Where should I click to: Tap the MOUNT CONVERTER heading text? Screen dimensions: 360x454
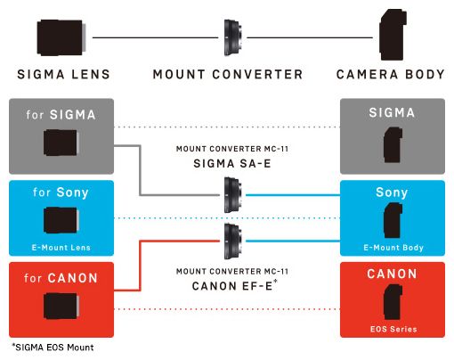coord(227,75)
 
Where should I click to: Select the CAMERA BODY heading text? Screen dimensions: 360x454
coord(390,75)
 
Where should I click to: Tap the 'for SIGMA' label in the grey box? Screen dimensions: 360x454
coord(61,114)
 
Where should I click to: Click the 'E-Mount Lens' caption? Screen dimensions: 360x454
coord(61,248)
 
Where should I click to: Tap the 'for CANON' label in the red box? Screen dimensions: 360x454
coord(61,278)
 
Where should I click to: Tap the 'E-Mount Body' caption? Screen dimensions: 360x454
coord(392,248)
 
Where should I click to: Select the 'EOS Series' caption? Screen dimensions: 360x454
coord(392,329)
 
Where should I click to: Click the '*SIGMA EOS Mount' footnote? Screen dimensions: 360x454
coord(51,348)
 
